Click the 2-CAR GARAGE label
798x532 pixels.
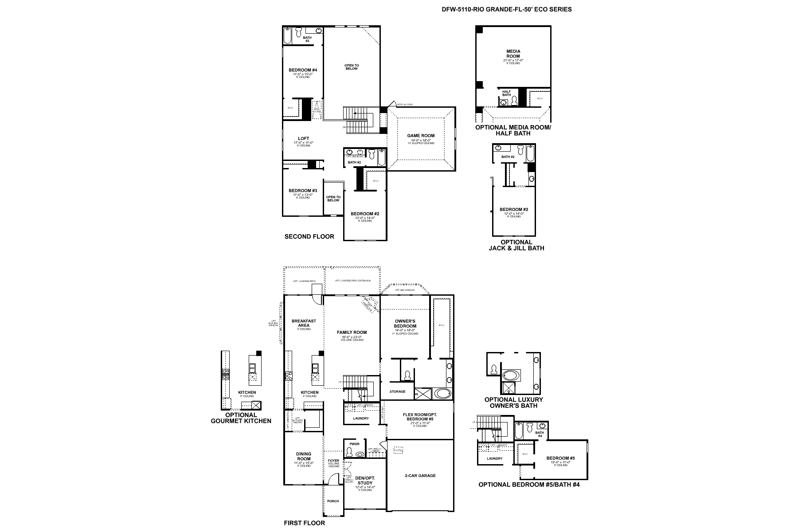420,475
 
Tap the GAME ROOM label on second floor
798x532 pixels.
421,136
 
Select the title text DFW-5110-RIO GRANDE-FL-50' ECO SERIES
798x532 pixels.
506,9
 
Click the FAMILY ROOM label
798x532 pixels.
352,332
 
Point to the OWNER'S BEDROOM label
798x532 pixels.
405,324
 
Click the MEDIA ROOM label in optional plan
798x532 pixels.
513,54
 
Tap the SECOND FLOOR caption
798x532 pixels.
309,237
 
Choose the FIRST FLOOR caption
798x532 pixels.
304,523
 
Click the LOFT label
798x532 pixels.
303,139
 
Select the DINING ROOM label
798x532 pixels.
303,457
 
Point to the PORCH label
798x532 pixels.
333,501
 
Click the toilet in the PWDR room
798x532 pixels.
350,453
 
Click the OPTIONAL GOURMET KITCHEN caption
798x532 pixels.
241,418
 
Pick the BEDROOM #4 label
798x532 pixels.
303,70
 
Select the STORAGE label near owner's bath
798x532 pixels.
397,391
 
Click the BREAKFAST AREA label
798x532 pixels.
304,324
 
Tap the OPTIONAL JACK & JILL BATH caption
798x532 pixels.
516,245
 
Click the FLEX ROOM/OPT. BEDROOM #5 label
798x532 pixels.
418,417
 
